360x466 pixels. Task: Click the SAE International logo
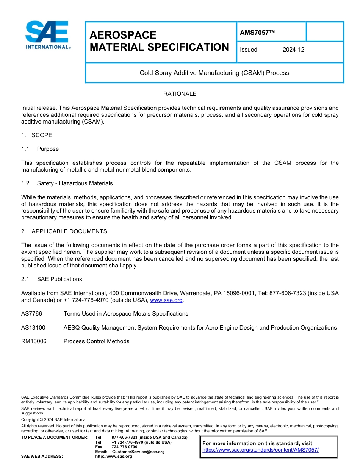(x=47, y=35)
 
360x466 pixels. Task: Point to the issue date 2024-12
(x=293, y=50)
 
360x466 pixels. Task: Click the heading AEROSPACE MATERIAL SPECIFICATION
(x=159, y=41)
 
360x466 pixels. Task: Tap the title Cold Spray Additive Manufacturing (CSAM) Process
(x=214, y=73)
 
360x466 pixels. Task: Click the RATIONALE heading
(x=180, y=94)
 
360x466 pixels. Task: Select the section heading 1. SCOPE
(x=37, y=135)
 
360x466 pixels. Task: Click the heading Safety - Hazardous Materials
(x=75, y=183)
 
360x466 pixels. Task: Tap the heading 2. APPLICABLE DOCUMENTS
(x=64, y=231)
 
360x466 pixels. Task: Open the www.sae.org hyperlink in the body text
(x=167, y=300)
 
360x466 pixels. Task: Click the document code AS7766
(x=32, y=314)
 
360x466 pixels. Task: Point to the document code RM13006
(x=34, y=341)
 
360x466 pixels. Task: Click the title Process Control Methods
(x=96, y=341)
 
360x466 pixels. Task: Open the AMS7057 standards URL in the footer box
(x=260, y=450)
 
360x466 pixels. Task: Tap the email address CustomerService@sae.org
(x=138, y=452)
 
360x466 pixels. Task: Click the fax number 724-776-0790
(x=124, y=447)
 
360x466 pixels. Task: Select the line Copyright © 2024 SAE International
(x=54, y=419)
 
